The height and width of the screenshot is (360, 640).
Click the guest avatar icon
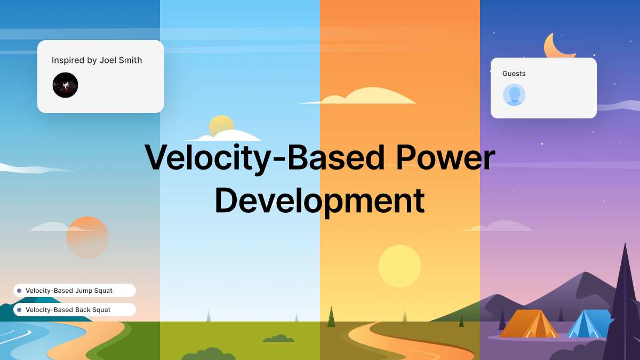click(514, 95)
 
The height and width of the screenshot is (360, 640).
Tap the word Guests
click(514, 74)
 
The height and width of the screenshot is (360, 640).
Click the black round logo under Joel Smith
click(65, 85)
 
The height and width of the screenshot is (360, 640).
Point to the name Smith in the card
click(131, 60)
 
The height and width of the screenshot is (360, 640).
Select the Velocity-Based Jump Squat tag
click(75, 291)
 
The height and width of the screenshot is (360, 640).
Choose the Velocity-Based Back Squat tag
click(75, 310)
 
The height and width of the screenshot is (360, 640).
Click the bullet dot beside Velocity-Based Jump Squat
click(19, 291)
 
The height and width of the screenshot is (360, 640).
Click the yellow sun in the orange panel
click(399, 266)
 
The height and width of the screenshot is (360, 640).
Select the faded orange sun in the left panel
click(87, 238)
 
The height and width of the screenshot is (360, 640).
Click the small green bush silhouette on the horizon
click(278, 339)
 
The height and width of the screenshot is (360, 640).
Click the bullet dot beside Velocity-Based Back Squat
click(19, 310)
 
